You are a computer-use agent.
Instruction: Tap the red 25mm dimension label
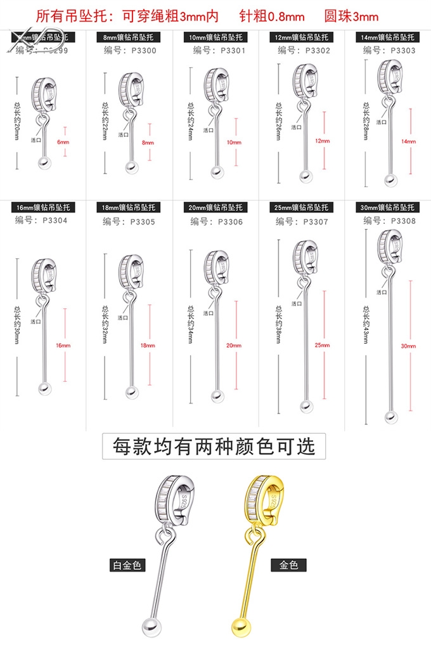322,345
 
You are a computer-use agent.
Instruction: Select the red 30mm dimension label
409,346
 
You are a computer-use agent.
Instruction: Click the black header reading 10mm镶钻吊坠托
215,37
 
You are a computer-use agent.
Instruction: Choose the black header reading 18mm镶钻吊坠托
129,207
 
